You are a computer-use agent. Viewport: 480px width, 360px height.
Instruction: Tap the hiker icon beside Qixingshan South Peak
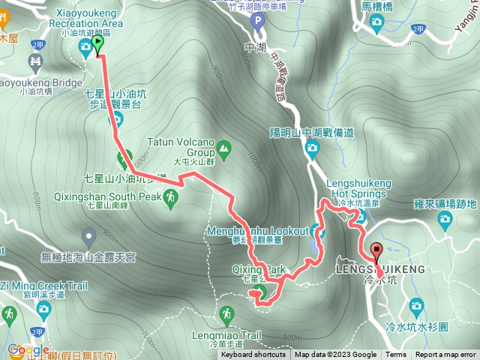coord(172,197)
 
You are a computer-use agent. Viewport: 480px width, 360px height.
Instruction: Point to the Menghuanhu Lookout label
coord(271,230)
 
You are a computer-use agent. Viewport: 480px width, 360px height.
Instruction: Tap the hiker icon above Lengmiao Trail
coord(226,313)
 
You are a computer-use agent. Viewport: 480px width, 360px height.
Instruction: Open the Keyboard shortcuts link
coord(253,355)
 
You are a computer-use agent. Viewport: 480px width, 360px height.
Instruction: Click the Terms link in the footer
coord(396,355)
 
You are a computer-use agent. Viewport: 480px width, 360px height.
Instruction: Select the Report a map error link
coord(445,355)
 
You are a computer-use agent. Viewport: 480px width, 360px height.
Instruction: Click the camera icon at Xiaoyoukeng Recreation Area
coord(85,49)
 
